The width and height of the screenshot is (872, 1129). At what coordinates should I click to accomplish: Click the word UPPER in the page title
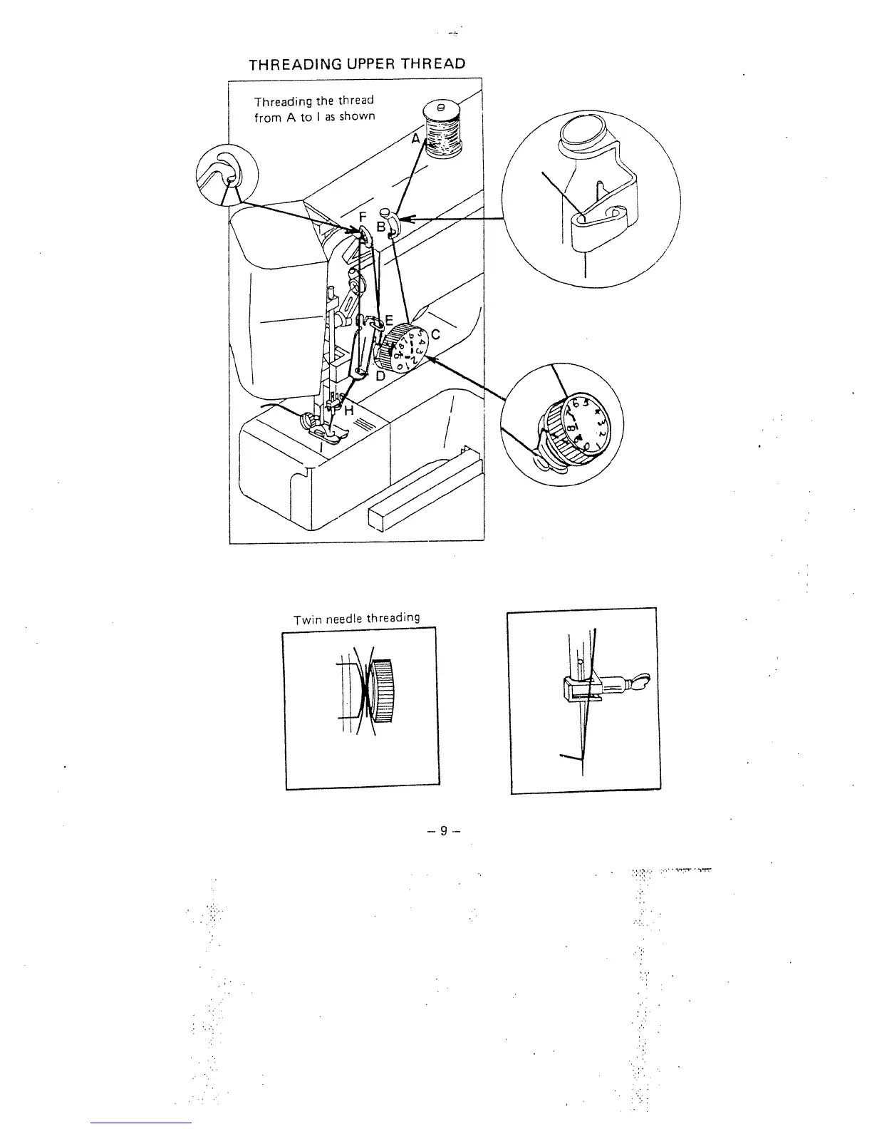(x=363, y=63)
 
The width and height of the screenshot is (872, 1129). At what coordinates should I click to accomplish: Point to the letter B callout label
(x=380, y=227)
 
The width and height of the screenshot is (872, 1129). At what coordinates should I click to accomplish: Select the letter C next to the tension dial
(x=436, y=334)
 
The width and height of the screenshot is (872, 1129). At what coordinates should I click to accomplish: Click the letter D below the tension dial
(x=380, y=375)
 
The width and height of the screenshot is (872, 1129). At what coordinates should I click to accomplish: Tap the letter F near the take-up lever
(x=362, y=216)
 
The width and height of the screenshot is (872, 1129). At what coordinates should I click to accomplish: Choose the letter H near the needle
(x=348, y=411)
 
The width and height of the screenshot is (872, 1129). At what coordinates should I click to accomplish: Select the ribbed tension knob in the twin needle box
(x=383, y=691)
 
